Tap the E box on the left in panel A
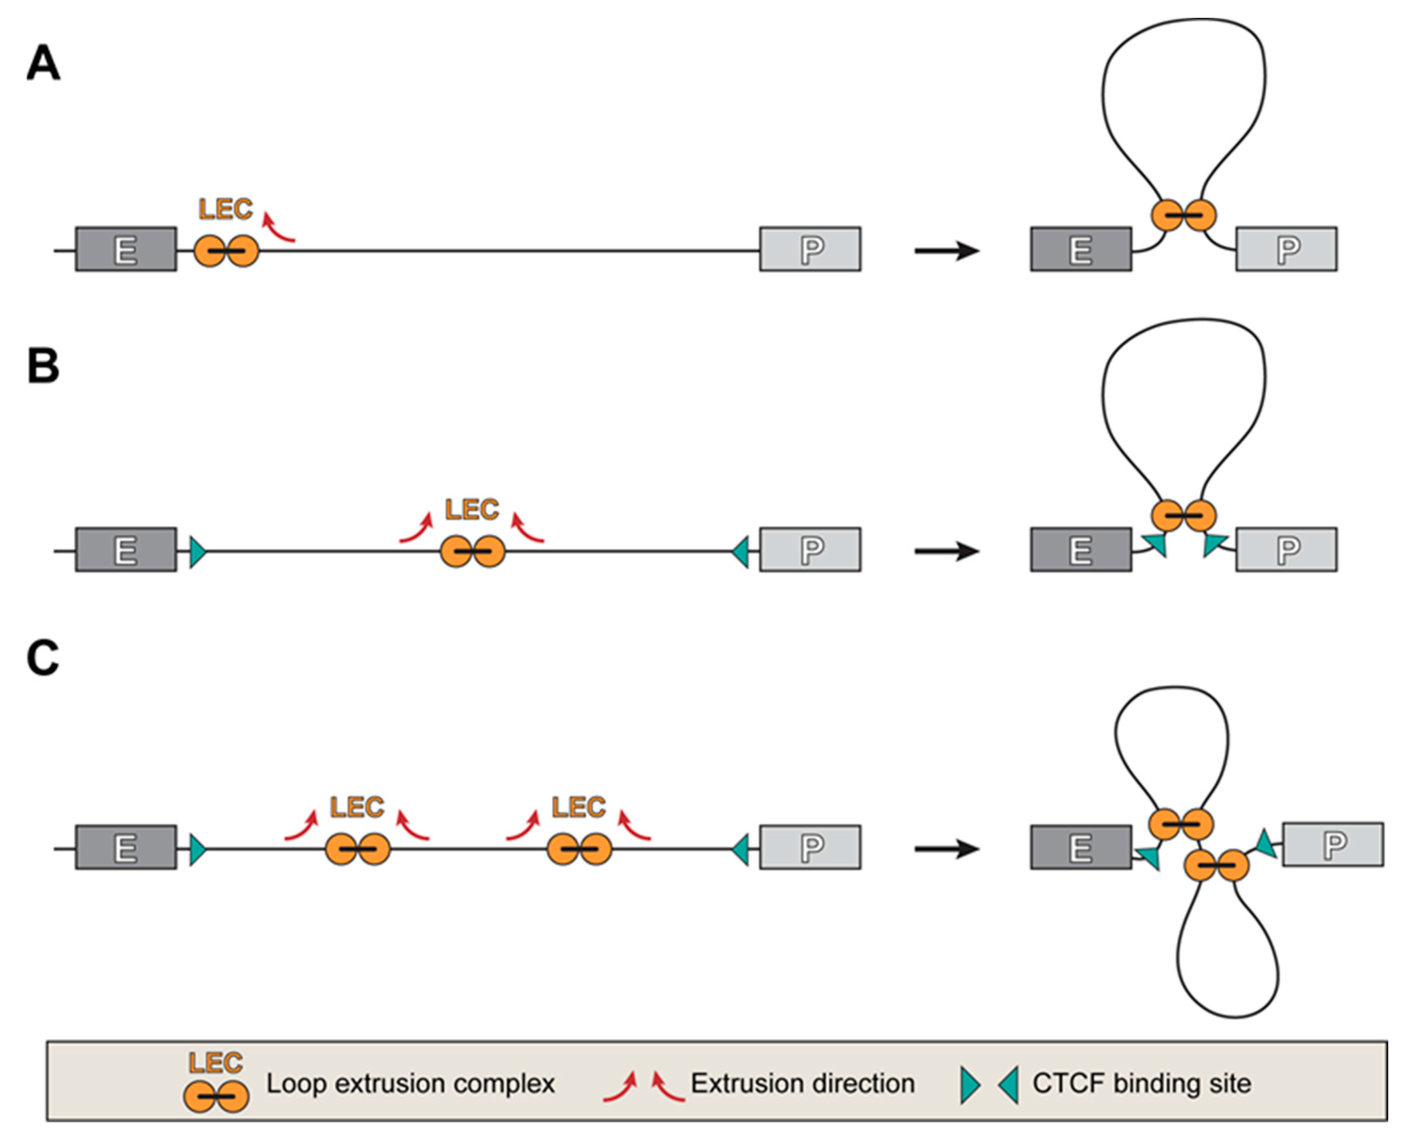pyautogui.click(x=126, y=249)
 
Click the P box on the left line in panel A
pyautogui.click(x=810, y=249)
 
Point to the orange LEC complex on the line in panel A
pyautogui.click(x=226, y=251)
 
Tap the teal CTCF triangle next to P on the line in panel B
pyautogui.click(x=741, y=552)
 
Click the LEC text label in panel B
pyautogui.click(x=471, y=509)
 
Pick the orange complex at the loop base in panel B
pyautogui.click(x=1183, y=515)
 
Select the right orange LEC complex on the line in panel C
pyautogui.click(x=579, y=849)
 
